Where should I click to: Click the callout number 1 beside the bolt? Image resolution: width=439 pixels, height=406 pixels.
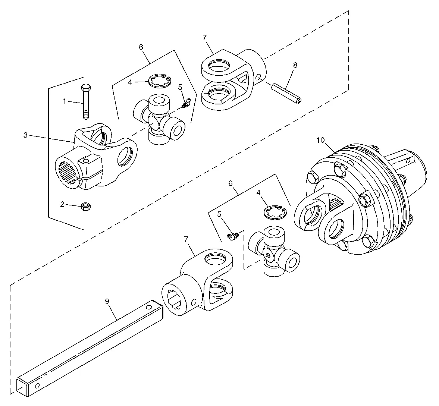(x=65, y=101)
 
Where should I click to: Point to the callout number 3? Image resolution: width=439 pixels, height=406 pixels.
(x=26, y=135)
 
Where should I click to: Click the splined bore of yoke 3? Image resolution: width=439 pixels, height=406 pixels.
(x=67, y=172)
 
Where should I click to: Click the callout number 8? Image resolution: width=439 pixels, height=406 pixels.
(x=295, y=65)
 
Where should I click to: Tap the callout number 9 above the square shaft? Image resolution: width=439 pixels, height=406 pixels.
(x=107, y=301)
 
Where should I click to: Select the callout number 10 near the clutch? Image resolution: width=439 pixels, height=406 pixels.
(x=320, y=140)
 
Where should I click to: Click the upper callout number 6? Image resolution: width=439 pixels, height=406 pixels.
(x=141, y=47)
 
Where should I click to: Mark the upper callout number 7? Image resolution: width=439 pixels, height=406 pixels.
(x=204, y=38)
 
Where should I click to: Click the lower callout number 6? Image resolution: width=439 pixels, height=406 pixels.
(x=230, y=183)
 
